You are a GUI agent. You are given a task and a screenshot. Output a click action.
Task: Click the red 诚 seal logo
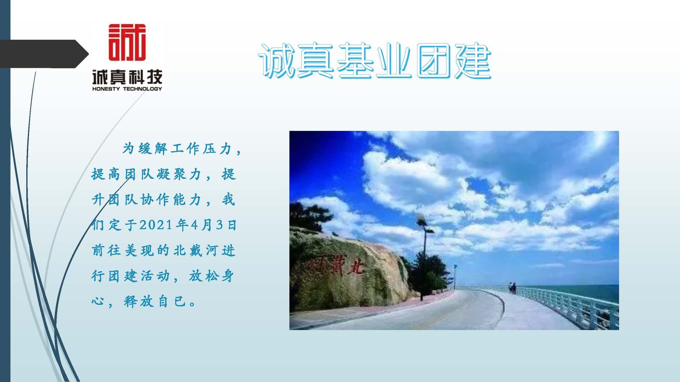(127, 42)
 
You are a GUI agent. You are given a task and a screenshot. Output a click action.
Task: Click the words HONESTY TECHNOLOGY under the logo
(127, 89)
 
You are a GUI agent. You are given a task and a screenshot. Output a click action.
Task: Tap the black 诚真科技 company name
(127, 77)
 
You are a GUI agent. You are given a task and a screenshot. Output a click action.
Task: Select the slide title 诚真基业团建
(374, 61)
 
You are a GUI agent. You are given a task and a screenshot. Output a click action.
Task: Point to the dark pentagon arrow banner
(44, 53)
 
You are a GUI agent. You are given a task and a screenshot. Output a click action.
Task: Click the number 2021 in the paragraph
(156, 225)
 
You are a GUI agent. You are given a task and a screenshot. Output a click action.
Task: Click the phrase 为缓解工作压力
(177, 149)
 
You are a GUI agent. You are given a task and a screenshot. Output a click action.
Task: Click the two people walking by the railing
(513, 288)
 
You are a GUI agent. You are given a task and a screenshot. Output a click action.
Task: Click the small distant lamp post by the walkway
(455, 276)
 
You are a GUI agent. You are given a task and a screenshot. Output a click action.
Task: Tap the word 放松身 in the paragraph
(211, 276)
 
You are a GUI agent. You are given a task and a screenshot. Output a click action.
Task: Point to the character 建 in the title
(473, 61)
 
